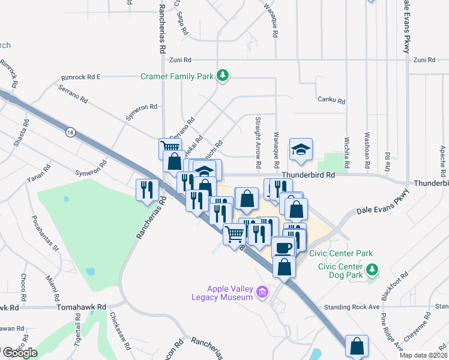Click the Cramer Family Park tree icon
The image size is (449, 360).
tap(223, 76)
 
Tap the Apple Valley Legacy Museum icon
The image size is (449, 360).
tap(261, 293)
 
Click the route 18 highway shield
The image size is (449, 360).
tap(71, 133)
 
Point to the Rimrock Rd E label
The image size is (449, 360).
tap(81, 77)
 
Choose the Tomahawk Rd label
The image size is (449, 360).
tap(81, 307)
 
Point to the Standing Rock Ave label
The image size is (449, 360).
tap(352, 307)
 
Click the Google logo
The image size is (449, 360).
tap(19, 353)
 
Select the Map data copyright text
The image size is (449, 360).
tap(423, 355)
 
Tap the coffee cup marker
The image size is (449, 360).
tap(282, 247)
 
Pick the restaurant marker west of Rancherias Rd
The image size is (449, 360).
tap(147, 190)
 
